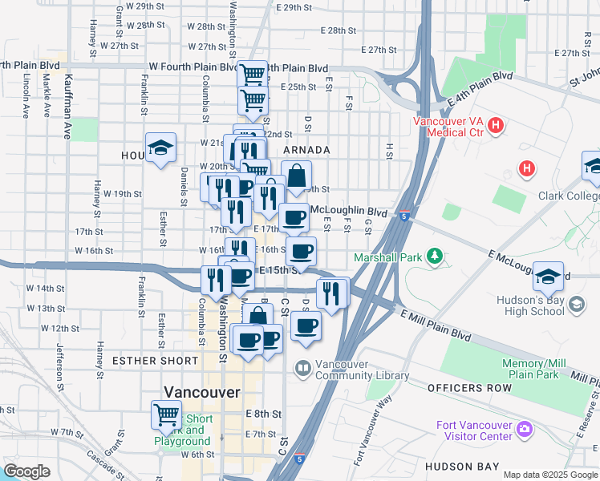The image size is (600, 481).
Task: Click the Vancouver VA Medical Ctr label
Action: [448, 127]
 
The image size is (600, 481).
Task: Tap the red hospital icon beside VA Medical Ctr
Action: [497, 126]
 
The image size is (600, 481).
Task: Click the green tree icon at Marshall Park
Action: [435, 257]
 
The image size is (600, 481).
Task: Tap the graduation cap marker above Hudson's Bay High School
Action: [548, 277]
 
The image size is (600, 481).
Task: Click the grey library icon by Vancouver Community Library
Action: [302, 369]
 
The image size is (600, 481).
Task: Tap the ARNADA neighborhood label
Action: [306, 150]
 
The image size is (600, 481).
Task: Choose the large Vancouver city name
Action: [201, 392]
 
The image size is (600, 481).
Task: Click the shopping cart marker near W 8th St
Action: [166, 414]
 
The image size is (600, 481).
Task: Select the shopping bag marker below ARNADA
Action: [296, 176]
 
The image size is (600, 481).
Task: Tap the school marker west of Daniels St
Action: [160, 148]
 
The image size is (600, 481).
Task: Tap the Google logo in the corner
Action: [26, 471]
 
